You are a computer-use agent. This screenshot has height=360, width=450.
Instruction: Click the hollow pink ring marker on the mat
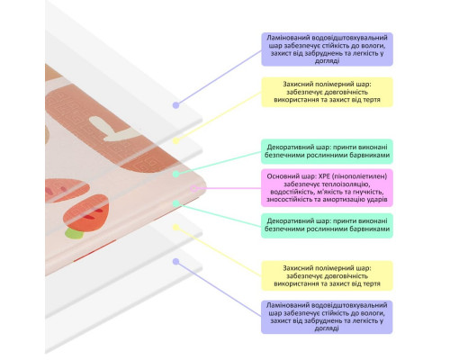pos(194,189)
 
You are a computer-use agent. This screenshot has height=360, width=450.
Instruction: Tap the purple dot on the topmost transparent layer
pos(176,105)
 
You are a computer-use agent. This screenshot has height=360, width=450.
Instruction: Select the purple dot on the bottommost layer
pos(176,262)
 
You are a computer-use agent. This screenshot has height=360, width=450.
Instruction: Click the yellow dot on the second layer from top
pos(176,140)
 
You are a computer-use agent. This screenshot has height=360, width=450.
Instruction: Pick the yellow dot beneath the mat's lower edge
pos(176,228)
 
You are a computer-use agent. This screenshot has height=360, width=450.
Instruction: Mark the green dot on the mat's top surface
pos(176,174)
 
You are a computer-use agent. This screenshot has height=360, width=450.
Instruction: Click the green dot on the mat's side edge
pos(176,203)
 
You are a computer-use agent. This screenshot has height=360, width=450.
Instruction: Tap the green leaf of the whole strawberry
pos(74,233)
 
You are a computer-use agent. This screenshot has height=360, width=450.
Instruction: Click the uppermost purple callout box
pos(327,49)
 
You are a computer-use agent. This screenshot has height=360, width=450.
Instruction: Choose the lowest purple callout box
pos(327,317)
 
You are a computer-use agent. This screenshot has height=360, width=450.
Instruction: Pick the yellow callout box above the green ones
pos(327,92)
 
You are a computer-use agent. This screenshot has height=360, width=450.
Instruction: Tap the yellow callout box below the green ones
pos(327,275)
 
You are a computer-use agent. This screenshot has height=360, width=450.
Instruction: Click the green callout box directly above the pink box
pos(327,151)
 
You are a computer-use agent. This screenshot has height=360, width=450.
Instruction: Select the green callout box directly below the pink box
pos(327,225)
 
